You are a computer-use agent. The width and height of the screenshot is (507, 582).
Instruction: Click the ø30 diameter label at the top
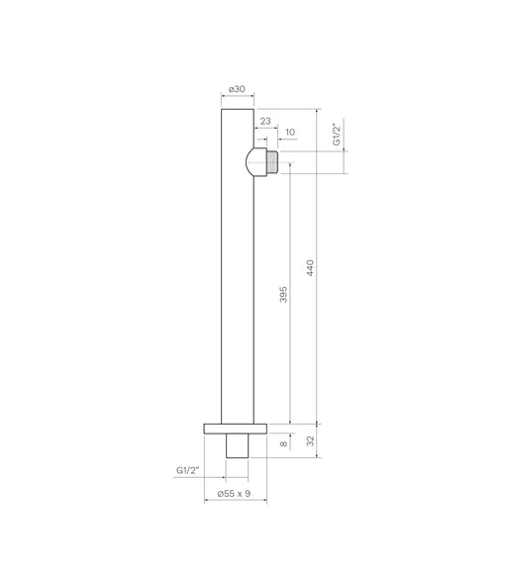coord(237,89)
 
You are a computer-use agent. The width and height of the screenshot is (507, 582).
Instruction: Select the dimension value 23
coord(265,121)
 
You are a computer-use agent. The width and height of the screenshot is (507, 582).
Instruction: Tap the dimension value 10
coord(290,133)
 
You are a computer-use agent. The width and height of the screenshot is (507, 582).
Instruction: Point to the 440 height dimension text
coord(310,267)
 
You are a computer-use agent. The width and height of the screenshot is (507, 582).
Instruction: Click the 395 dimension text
coord(283,294)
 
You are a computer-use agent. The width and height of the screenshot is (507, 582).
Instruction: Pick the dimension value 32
coord(310,441)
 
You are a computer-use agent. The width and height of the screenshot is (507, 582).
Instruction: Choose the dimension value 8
coord(283,443)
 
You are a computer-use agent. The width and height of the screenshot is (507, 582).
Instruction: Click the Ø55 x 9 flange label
coord(234,493)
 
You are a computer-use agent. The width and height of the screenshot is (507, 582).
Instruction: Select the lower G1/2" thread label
coord(187,470)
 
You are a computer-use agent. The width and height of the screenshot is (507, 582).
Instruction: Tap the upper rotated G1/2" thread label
coord(336,135)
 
